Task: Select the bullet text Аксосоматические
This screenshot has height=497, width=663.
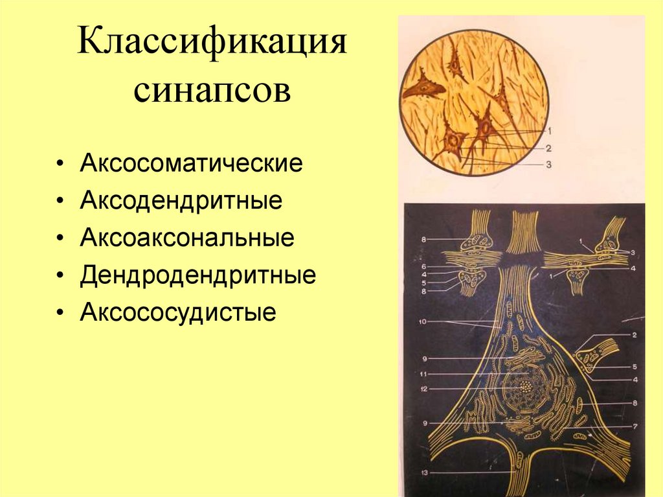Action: click(191, 163)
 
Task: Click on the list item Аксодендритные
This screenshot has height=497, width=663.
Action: click(181, 200)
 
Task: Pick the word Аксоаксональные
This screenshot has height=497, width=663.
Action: click(187, 238)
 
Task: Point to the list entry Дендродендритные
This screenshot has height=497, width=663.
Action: click(198, 275)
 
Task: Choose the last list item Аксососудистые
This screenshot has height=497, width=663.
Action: click(178, 313)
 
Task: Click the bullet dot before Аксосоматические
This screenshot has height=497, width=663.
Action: click(60, 163)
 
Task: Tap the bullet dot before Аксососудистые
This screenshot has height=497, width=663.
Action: click(60, 314)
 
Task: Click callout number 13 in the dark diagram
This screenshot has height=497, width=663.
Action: click(423, 474)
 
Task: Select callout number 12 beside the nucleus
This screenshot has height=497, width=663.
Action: click(423, 389)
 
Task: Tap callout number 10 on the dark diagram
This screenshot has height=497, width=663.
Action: click(423, 321)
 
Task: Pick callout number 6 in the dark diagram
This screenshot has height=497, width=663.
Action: click(423, 266)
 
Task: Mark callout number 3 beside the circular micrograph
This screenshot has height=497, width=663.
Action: click(548, 165)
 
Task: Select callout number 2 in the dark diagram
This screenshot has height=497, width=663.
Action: click(635, 335)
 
